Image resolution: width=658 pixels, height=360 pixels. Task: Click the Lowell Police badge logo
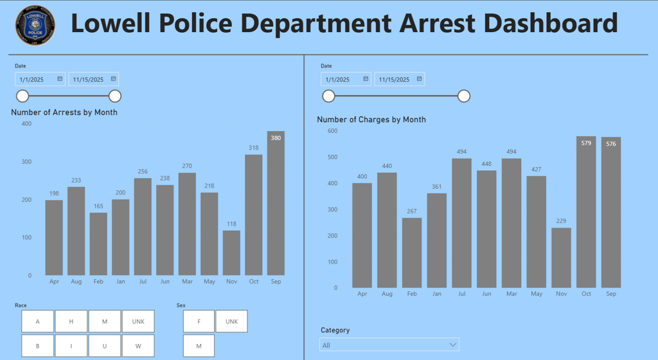pos(35,26)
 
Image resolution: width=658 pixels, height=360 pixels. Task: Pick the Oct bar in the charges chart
pos(586,212)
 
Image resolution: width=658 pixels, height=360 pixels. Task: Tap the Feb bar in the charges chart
pos(412,253)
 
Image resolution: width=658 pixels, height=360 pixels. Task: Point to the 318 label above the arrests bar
pos(254,148)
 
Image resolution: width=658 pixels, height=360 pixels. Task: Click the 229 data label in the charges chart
pos(561,221)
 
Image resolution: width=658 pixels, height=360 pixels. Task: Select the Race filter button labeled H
pos(71,321)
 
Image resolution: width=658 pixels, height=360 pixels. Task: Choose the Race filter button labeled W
pos(138,346)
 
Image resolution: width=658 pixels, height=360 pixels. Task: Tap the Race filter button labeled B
pos(37,346)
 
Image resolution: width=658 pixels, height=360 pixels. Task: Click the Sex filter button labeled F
pos(199,321)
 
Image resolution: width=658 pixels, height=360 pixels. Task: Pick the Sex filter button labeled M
pos(199,346)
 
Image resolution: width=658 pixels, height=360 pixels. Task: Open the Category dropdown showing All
pos(389,345)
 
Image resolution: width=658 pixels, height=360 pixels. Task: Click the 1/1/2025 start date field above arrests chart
pos(37,79)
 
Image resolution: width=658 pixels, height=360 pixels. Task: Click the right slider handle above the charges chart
pos(464,96)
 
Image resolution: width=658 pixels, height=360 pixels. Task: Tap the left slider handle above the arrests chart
pos(22,96)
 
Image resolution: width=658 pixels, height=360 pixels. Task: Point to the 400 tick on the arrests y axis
pos(26,123)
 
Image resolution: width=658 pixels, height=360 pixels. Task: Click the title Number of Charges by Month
pos(371,120)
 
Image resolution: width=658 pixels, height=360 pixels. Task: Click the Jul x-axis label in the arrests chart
pos(143,281)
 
